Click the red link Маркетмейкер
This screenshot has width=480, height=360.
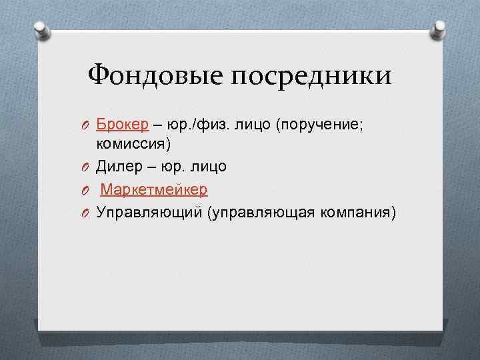pyautogui.click(x=154, y=190)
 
